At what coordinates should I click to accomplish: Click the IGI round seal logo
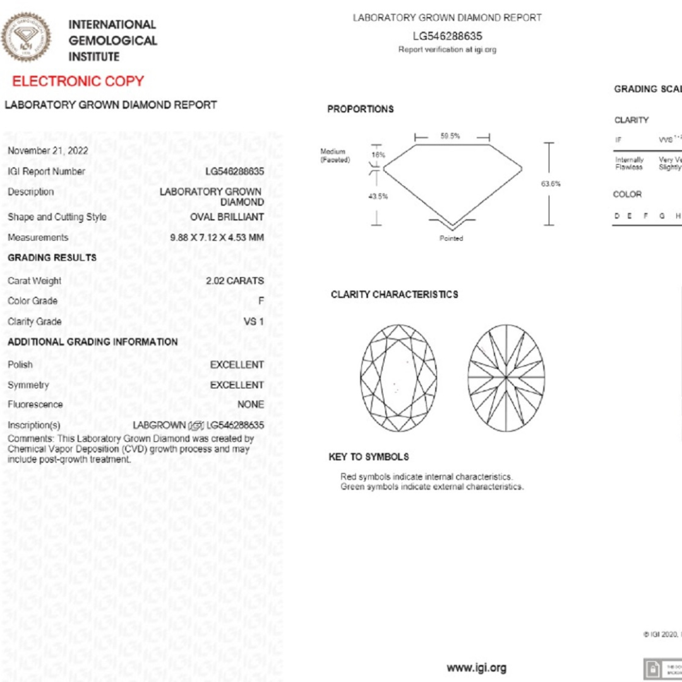pyautogui.click(x=26, y=37)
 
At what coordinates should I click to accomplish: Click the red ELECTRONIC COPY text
pyautogui.click(x=78, y=81)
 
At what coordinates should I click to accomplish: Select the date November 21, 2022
pyautogui.click(x=48, y=151)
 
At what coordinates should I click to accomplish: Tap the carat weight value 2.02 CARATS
pyautogui.click(x=235, y=281)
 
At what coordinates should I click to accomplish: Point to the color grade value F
pyautogui.click(x=261, y=301)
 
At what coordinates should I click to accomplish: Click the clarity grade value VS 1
pyautogui.click(x=254, y=322)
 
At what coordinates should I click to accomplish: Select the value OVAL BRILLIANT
pyautogui.click(x=227, y=217)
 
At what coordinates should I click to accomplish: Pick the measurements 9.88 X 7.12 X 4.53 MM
pyautogui.click(x=217, y=238)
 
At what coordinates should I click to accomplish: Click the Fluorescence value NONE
pyautogui.click(x=251, y=405)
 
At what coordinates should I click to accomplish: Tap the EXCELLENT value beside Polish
pyautogui.click(x=237, y=365)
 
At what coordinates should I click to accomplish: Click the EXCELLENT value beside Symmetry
pyautogui.click(x=237, y=385)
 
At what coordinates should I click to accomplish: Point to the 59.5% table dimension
pyautogui.click(x=450, y=136)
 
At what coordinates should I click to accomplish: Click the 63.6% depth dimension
pyautogui.click(x=551, y=184)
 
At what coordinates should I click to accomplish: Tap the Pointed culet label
pyautogui.click(x=452, y=239)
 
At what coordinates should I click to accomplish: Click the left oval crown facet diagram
pyautogui.click(x=398, y=378)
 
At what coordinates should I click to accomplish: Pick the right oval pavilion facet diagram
pyautogui.click(x=506, y=378)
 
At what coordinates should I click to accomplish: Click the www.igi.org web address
pyautogui.click(x=476, y=668)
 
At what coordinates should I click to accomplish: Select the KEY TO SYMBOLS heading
pyautogui.click(x=369, y=457)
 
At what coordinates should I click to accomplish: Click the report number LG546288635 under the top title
pyautogui.click(x=447, y=36)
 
